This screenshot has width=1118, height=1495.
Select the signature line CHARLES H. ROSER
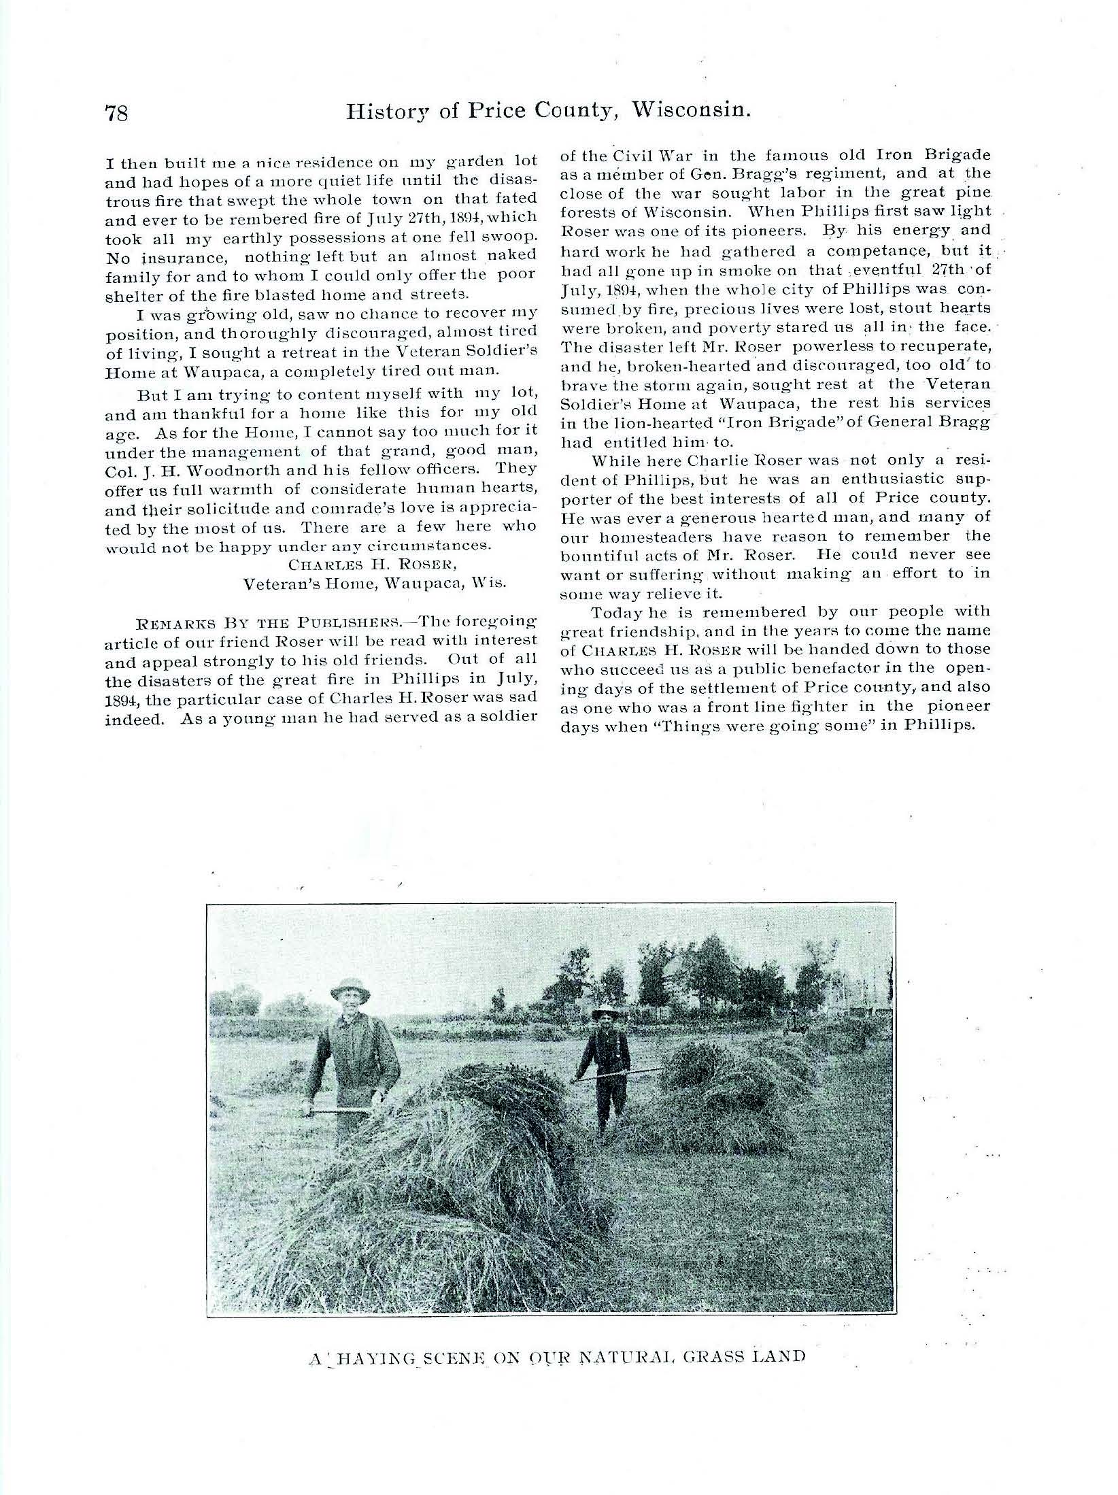(x=356, y=565)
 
